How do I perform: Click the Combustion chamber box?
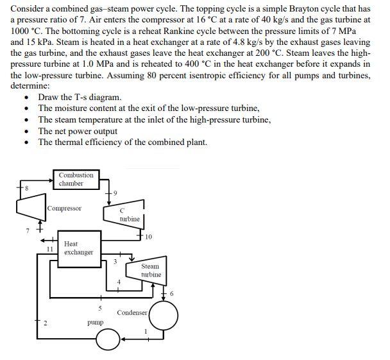[76, 179]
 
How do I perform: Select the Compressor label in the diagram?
[64, 209]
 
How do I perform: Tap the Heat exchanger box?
[78, 248]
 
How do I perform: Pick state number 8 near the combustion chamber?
[26, 188]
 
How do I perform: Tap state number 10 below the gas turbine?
[149, 238]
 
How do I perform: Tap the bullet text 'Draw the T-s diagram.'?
[80, 98]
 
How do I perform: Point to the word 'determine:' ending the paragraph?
[31, 85]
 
